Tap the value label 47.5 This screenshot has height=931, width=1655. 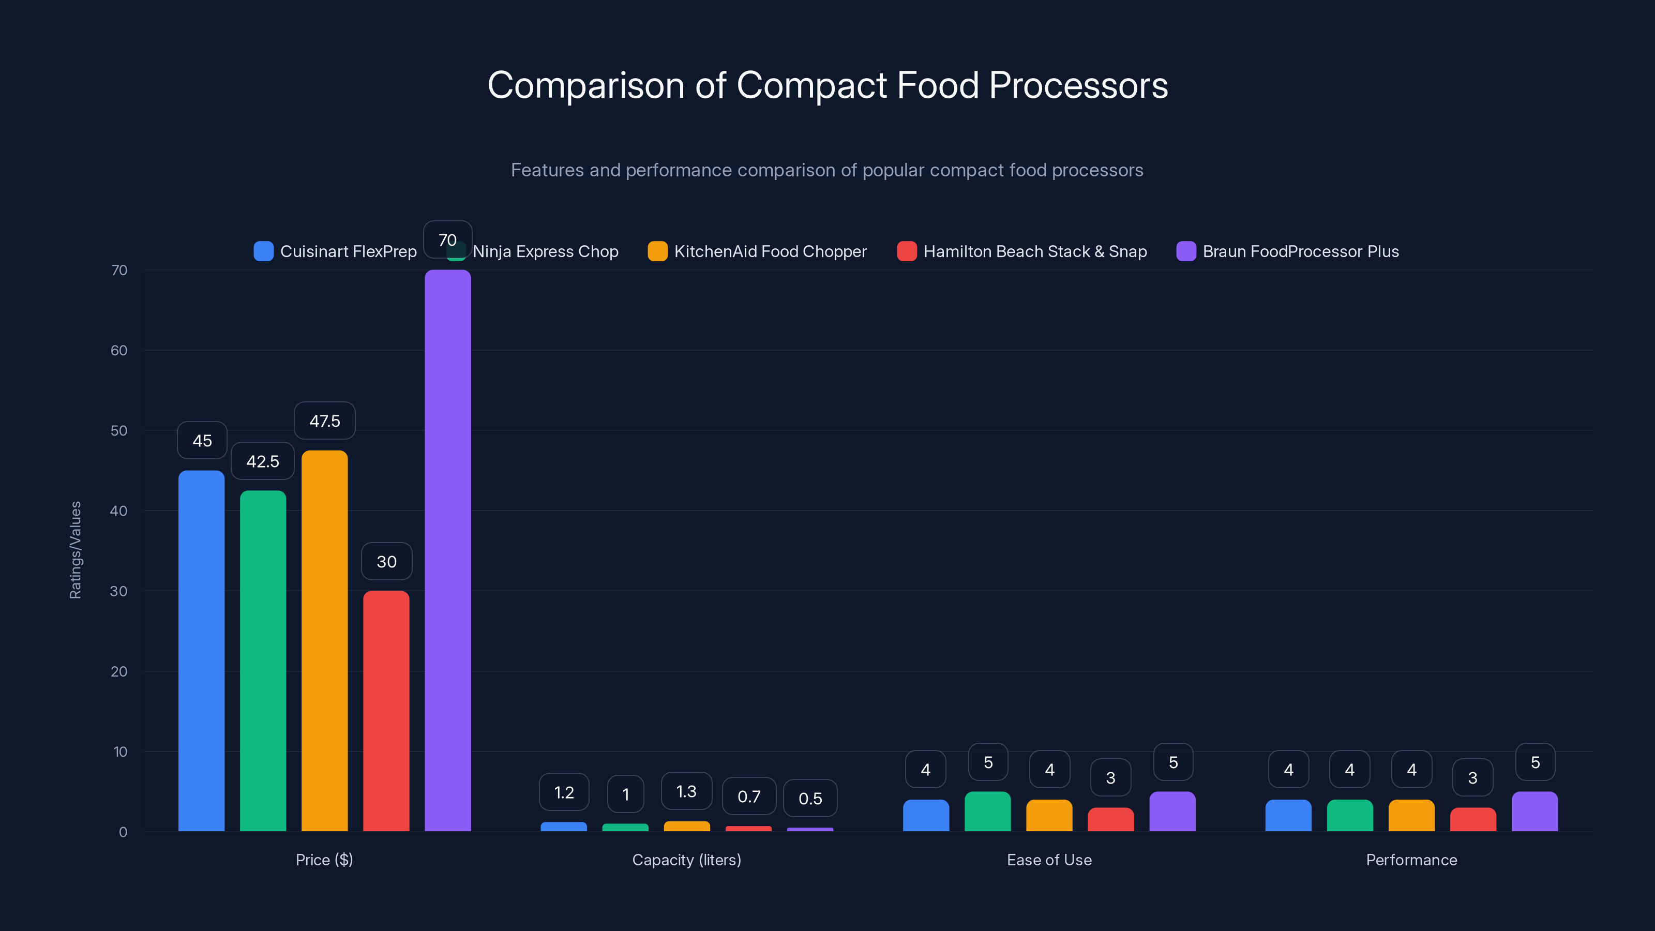pos(324,421)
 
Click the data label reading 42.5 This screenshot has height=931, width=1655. pos(262,461)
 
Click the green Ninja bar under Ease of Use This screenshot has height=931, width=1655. pos(987,812)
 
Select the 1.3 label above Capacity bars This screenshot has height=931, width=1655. pos(686,791)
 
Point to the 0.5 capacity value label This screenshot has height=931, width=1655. pos(810,799)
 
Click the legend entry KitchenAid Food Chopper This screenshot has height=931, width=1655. pos(770,251)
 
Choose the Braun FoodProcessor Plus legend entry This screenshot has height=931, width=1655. pos(1300,251)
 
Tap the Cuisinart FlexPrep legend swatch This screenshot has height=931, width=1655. pos(263,251)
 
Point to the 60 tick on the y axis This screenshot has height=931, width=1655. pos(119,350)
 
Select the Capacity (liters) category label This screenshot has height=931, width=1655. pos(686,860)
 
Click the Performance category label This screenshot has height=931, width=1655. pos(1411,860)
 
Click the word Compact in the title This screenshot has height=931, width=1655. pos(812,85)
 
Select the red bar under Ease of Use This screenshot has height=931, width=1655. pos(1110,819)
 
